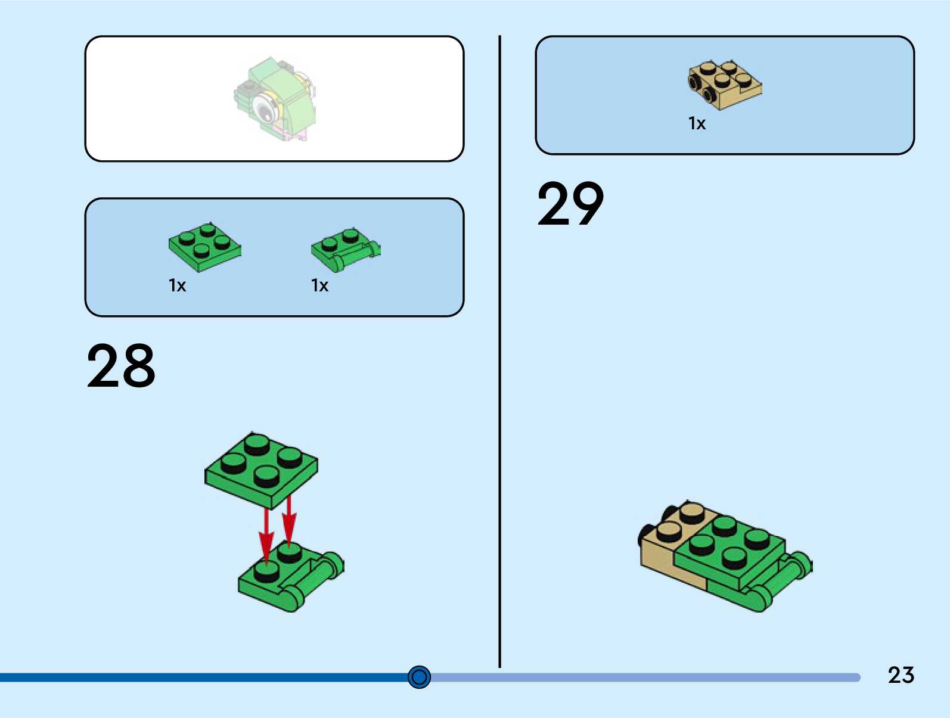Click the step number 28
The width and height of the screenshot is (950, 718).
click(x=121, y=365)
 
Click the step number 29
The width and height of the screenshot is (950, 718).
click(x=570, y=204)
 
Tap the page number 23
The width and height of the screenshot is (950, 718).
click(x=901, y=675)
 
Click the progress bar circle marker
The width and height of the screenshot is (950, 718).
click(x=419, y=677)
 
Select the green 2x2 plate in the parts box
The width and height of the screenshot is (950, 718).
click(x=204, y=247)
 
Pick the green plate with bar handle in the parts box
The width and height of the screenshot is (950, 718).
click(x=345, y=250)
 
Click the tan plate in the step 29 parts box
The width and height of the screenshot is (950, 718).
click(x=725, y=85)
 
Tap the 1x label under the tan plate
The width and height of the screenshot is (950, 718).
click(x=697, y=123)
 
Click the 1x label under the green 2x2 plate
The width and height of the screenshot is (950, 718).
click(x=177, y=285)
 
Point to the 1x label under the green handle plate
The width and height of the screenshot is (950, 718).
click(x=319, y=285)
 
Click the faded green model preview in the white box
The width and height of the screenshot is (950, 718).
click(x=276, y=98)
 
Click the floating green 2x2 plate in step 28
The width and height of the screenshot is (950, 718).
click(x=261, y=468)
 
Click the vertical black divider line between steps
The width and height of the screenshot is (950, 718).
click(x=499, y=352)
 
